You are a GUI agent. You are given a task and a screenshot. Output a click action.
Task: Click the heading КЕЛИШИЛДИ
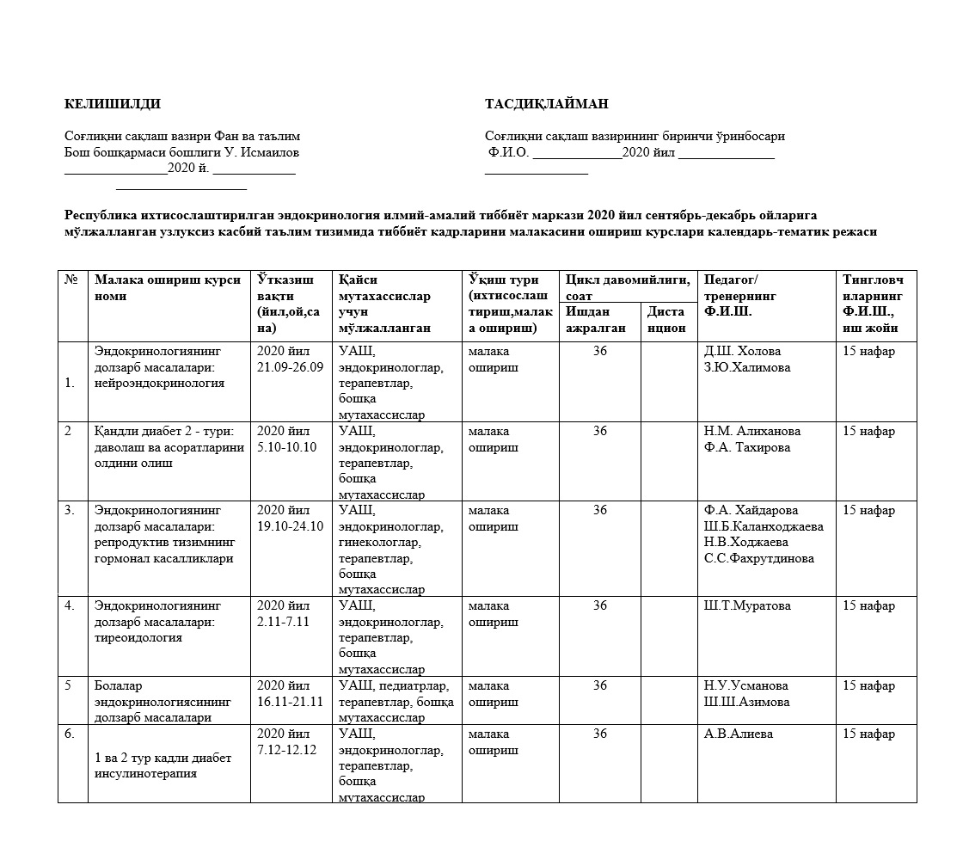pyautogui.click(x=113, y=105)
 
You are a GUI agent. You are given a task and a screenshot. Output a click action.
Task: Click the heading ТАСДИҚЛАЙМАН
pyautogui.click(x=546, y=105)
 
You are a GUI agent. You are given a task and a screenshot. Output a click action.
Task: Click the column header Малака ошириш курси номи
pyautogui.click(x=168, y=288)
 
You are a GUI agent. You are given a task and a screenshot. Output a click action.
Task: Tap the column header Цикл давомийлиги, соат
pyautogui.click(x=628, y=287)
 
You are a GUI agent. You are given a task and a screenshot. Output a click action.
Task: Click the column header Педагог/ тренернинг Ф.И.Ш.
pyautogui.click(x=740, y=295)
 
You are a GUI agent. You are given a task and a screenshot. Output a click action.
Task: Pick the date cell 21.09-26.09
pyautogui.click(x=290, y=367)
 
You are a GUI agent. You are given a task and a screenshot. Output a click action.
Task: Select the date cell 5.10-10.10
pyautogui.click(x=286, y=447)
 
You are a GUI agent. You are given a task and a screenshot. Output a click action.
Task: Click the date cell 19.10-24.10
pyautogui.click(x=290, y=526)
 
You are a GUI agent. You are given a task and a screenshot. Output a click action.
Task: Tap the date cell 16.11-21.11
pyautogui.click(x=290, y=702)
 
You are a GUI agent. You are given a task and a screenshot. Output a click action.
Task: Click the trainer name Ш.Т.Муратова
pyautogui.click(x=747, y=605)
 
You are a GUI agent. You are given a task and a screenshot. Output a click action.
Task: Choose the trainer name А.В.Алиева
pyautogui.click(x=739, y=734)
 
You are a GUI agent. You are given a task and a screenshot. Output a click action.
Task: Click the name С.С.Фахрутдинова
pyautogui.click(x=758, y=558)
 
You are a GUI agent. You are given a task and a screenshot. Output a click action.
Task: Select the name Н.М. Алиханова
pyautogui.click(x=752, y=431)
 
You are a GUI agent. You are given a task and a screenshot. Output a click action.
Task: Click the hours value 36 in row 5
pyautogui.click(x=600, y=685)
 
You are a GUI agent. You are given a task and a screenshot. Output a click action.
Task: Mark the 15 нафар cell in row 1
pyautogui.click(x=868, y=351)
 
